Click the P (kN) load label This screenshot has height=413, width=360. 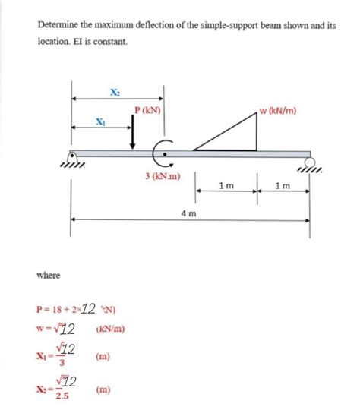147,111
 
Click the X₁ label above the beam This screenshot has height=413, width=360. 101,121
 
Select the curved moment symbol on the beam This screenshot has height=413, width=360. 163,153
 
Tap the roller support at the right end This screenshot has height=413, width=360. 309,162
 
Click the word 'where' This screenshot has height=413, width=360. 49,275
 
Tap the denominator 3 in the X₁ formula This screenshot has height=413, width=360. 63,362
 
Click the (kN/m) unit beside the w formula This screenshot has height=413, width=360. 111,329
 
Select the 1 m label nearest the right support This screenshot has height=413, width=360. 282,186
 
